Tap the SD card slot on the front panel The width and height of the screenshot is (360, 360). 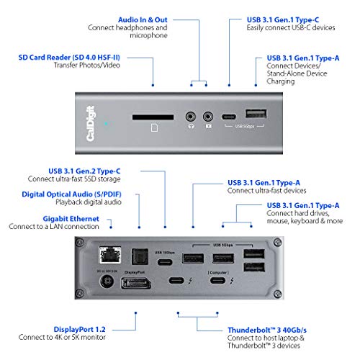[x=152, y=115]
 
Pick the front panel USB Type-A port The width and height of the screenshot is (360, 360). [x=253, y=114]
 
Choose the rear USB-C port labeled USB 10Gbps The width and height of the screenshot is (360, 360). [x=163, y=262]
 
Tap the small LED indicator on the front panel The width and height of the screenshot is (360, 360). [x=107, y=123]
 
